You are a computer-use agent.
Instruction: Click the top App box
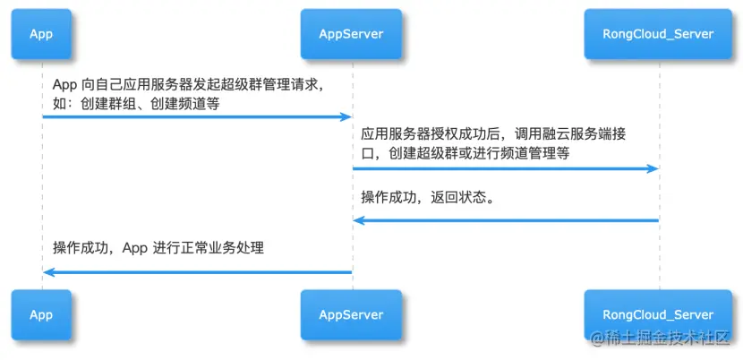(x=41, y=34)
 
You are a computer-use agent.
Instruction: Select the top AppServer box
(x=351, y=34)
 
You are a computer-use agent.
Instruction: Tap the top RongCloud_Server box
(x=660, y=34)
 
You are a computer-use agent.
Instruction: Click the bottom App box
(x=41, y=315)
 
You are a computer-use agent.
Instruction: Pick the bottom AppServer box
(x=351, y=315)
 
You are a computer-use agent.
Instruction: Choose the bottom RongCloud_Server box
(x=660, y=315)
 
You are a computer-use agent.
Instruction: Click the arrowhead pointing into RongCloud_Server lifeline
(x=653, y=169)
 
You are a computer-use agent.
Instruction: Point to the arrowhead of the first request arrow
(x=345, y=117)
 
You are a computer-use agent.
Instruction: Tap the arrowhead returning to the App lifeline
(x=48, y=272)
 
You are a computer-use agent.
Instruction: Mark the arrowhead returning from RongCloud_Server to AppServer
(x=359, y=220)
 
